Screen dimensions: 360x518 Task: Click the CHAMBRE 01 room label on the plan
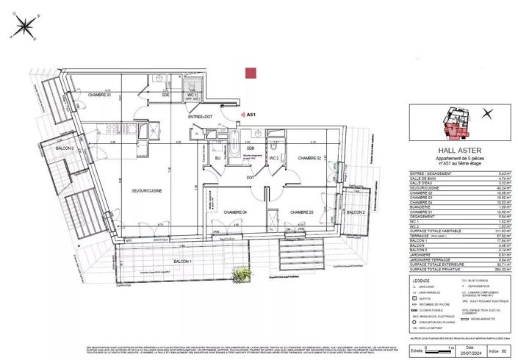tap(99, 96)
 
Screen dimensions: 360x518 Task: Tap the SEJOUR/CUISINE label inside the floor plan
tap(146, 191)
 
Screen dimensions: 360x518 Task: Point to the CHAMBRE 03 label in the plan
tap(301, 212)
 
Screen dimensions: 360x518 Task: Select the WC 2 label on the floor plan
tap(272, 158)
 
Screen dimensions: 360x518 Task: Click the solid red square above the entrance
tap(251, 73)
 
